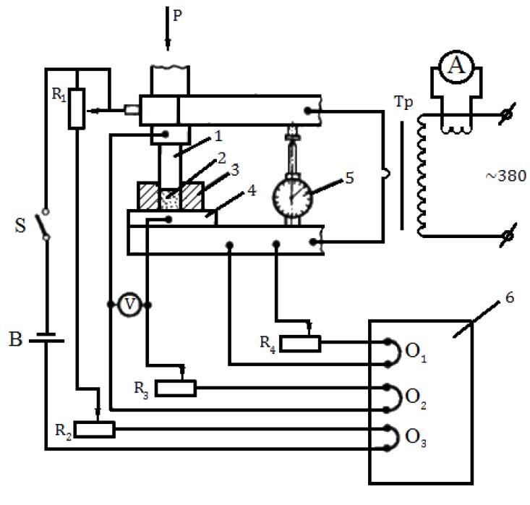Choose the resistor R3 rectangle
(176, 389)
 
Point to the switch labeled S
(46, 227)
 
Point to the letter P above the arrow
(178, 14)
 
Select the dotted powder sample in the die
(171, 200)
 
